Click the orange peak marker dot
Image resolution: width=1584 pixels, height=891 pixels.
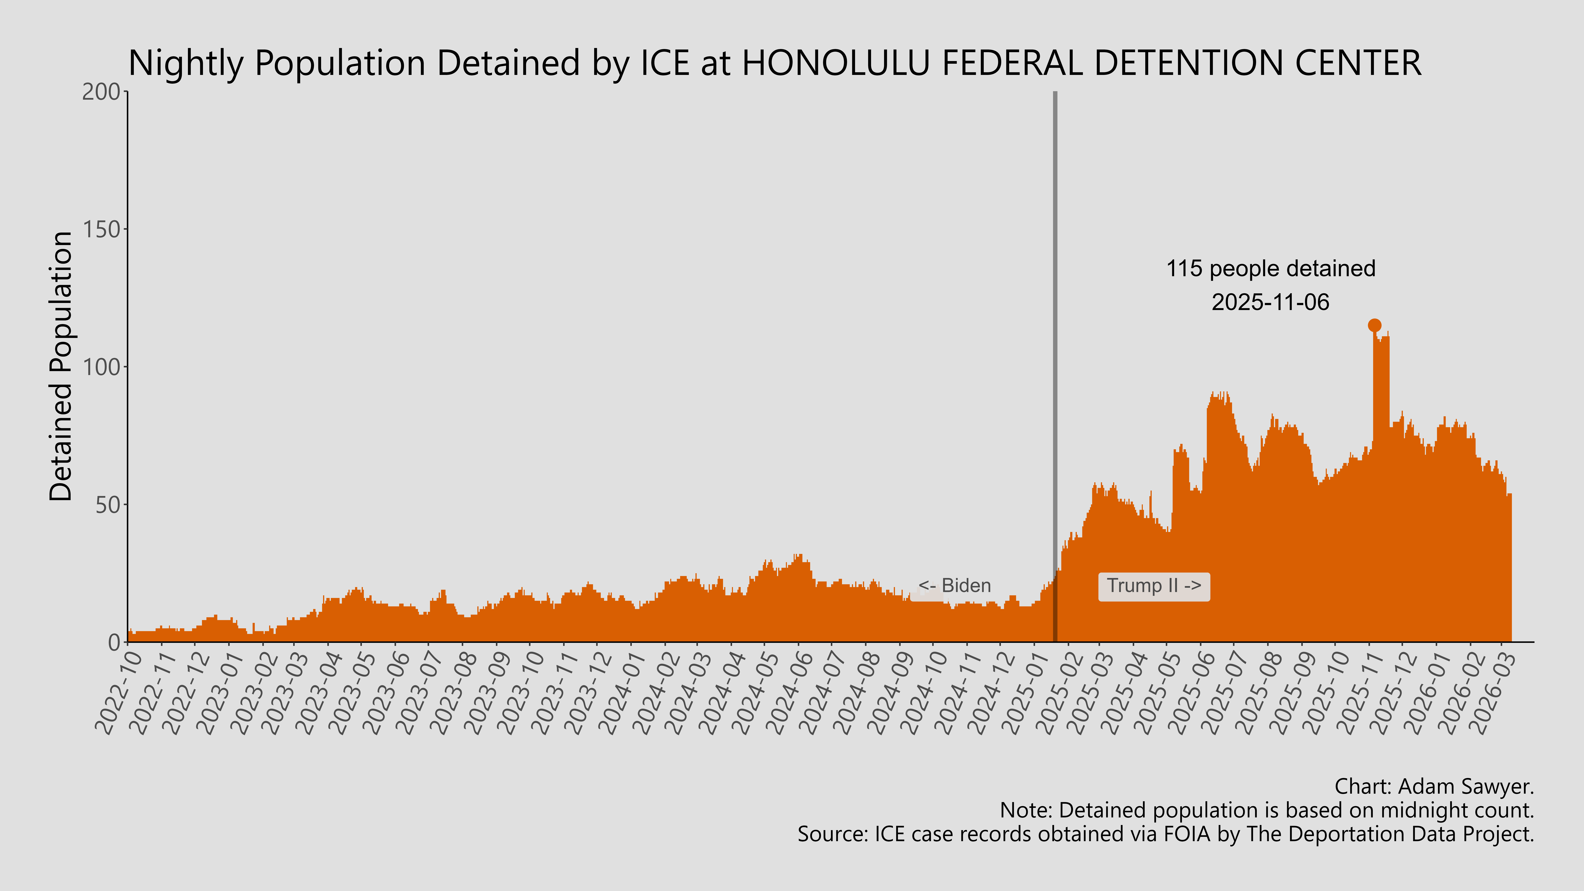[1374, 325]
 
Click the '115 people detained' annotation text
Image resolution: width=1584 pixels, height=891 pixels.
[1270, 269]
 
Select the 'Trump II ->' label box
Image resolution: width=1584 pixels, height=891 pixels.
[1154, 586]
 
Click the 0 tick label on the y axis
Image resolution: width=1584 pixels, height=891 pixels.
[114, 643]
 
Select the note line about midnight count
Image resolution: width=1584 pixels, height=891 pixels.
[1267, 810]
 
